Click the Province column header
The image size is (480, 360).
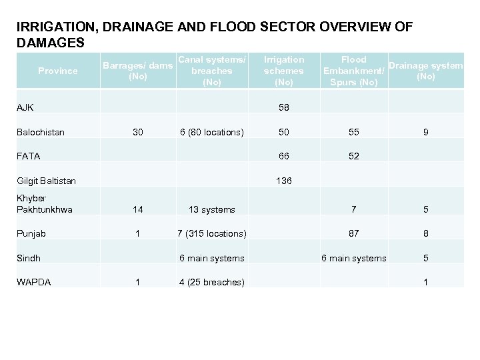click(58, 71)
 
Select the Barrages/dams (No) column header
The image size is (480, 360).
click(138, 71)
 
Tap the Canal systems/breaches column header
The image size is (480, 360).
click(212, 71)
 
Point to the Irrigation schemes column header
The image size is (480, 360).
click(284, 71)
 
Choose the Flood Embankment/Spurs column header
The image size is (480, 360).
click(353, 71)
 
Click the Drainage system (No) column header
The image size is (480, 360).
click(425, 71)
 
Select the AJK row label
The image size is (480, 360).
click(25, 107)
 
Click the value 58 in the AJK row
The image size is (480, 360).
click(284, 107)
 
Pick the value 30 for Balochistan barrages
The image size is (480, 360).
click(138, 132)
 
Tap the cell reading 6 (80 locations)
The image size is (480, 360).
click(212, 132)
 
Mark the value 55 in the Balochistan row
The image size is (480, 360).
click(354, 132)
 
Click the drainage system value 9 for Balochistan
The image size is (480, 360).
click(425, 132)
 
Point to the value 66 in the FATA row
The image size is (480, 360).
click(284, 156)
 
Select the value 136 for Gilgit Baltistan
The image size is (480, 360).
click(284, 181)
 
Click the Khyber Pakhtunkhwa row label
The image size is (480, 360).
click(44, 204)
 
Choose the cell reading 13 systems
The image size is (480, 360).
click(212, 209)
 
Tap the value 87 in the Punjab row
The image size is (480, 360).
click(354, 233)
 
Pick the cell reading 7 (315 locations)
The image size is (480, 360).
click(212, 233)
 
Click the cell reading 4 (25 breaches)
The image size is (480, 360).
click(212, 282)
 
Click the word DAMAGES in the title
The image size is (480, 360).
click(51, 42)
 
